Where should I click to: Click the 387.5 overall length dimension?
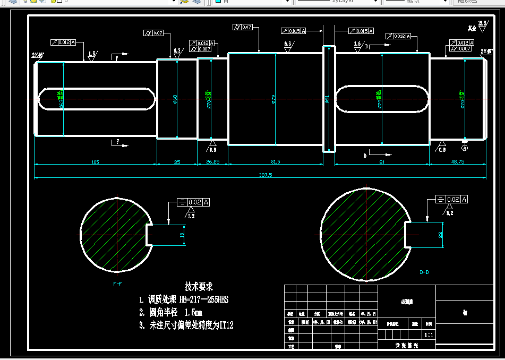tap(260, 175)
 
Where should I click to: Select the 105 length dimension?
tap(95, 161)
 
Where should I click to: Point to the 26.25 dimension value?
tap(212, 161)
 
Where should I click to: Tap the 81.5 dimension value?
tap(275, 161)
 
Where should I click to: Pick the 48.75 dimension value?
tap(457, 161)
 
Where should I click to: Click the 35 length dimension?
tap(177, 161)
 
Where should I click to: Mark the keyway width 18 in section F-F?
tap(182, 234)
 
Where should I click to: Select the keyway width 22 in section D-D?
tap(440, 234)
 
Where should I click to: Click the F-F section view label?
tap(117, 284)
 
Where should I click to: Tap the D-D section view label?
tap(424, 272)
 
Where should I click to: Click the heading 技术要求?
tap(199, 287)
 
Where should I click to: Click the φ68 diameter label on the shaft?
tap(175, 99)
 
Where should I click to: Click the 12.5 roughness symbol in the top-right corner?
tap(482, 23)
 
